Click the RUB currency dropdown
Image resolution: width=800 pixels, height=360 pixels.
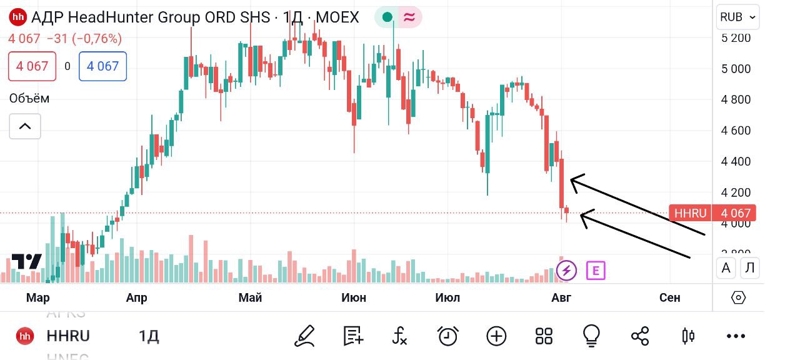(x=737, y=17)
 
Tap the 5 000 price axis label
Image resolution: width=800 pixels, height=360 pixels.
(x=735, y=69)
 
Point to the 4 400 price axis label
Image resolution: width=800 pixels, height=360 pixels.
(x=735, y=161)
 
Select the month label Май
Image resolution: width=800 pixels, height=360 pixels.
(x=250, y=297)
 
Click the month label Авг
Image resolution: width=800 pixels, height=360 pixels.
(x=561, y=297)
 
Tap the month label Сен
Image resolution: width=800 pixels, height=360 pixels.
(x=669, y=297)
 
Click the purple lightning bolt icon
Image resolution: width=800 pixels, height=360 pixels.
(x=567, y=271)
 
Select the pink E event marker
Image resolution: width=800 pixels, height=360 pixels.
(x=596, y=271)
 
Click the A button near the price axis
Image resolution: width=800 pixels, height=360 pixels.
(x=726, y=268)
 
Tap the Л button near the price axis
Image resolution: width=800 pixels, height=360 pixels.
(x=750, y=268)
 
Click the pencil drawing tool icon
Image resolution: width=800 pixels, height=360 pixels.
(x=304, y=336)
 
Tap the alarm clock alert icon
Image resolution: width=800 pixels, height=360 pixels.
(x=447, y=336)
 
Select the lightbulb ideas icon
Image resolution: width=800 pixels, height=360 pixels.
(x=591, y=336)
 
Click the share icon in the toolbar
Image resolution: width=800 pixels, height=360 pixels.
(x=640, y=336)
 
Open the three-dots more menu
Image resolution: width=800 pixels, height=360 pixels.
(x=736, y=336)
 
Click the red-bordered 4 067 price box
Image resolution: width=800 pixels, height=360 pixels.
(x=32, y=66)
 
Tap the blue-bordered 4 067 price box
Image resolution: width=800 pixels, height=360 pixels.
(x=102, y=66)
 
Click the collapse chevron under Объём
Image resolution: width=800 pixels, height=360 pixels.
(x=25, y=126)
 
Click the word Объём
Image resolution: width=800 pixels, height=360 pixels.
(x=29, y=98)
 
